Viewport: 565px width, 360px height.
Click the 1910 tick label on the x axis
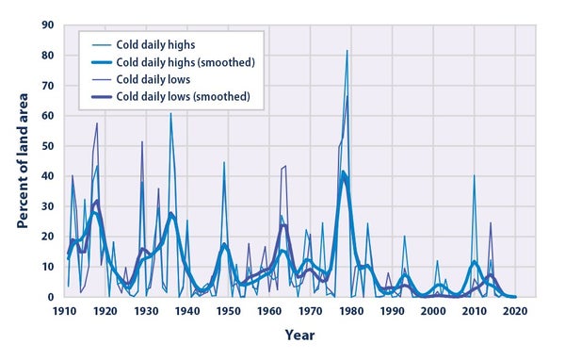[64, 310]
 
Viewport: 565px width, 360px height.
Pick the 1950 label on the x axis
[227, 310]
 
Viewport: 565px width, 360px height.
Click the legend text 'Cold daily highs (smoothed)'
[187, 62]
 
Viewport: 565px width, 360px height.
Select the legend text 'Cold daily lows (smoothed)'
[186, 98]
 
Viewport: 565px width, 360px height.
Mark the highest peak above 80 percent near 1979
[347, 51]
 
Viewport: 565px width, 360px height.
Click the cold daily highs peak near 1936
[170, 114]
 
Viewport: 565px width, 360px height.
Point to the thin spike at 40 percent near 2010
[474, 175]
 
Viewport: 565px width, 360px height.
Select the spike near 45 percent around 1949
[224, 162]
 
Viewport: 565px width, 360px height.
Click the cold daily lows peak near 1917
[96, 123]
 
